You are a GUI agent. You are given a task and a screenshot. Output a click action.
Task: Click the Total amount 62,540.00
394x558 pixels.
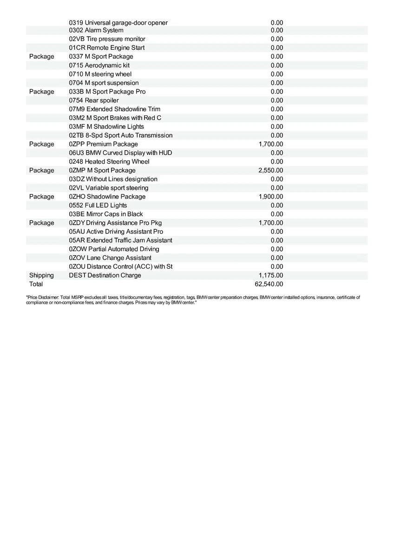271,284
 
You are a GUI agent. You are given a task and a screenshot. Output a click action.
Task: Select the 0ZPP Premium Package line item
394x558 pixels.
103,144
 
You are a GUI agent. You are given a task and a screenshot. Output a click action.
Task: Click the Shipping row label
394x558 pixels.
41,275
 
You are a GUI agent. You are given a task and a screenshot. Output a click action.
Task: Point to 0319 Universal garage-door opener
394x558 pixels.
118,22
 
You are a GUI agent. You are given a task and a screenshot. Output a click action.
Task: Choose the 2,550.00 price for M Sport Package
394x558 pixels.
271,171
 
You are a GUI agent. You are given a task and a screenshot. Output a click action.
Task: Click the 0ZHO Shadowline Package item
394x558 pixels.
107,197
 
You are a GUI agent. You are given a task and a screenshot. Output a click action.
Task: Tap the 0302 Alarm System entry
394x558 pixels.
96,30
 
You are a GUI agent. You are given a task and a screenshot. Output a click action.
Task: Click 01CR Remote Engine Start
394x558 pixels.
106,48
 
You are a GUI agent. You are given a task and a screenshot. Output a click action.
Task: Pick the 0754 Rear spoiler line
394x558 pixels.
93,100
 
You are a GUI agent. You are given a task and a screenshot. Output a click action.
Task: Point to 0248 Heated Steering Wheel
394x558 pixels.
109,162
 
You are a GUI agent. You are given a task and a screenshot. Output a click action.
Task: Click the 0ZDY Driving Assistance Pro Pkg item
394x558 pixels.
115,223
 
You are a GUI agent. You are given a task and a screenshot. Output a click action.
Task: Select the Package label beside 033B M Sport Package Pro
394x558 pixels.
41,92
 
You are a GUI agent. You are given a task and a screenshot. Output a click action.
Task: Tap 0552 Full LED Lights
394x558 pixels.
98,206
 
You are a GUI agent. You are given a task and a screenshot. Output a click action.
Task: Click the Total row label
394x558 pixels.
36,284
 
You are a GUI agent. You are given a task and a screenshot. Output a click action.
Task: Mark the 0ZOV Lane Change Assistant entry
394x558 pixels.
110,258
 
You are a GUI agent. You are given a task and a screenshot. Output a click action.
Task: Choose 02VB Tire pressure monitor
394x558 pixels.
107,39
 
